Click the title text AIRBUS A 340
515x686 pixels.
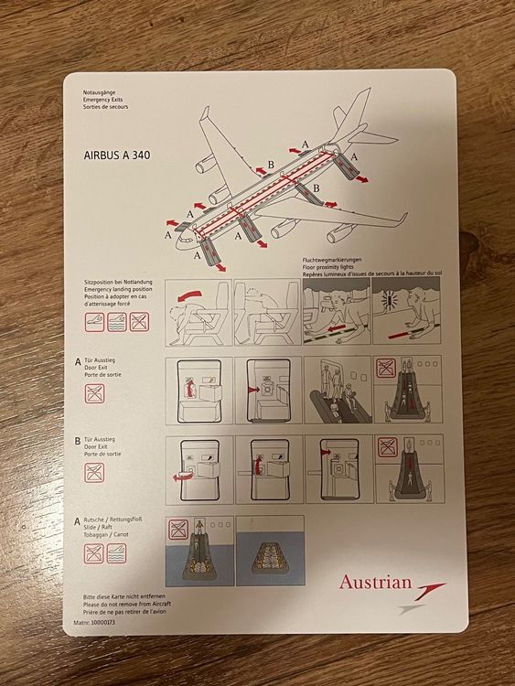111,155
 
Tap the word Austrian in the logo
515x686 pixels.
375,582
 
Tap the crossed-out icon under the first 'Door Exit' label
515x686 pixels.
94,393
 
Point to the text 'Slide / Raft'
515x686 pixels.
100,528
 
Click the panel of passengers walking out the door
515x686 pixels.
337,391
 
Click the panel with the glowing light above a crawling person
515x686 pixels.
406,312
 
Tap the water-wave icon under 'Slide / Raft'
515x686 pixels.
116,552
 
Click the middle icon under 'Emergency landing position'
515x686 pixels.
116,321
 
